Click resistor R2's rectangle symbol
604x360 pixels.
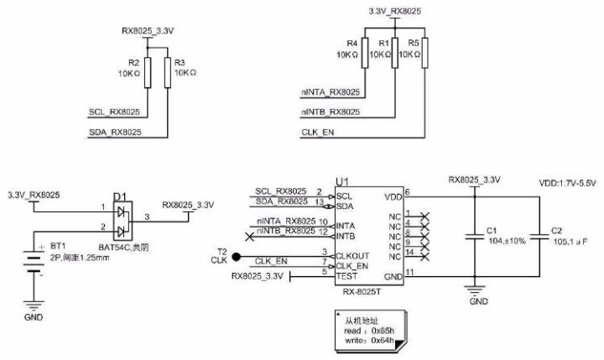147,73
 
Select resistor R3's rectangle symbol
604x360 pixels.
168,73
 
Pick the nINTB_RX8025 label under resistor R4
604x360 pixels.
331,112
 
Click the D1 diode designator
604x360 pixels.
119,197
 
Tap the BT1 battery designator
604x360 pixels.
58,246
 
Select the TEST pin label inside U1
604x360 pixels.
346,274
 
